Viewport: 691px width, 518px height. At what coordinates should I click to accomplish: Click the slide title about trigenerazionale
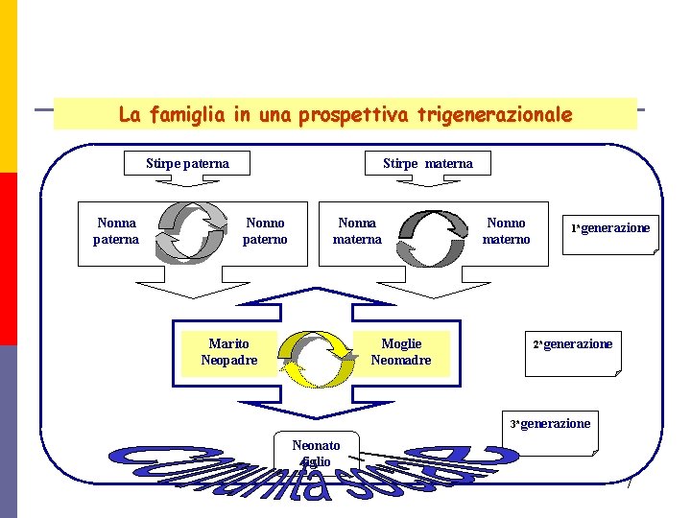coord(345,115)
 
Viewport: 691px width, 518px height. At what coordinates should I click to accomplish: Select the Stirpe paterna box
coord(187,163)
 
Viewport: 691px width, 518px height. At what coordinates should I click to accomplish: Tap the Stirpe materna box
coord(428,163)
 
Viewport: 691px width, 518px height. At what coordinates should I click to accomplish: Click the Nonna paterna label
coord(116,231)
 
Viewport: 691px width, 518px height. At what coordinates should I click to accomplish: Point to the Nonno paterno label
coord(265,231)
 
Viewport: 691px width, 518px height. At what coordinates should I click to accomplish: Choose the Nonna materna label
coord(357,231)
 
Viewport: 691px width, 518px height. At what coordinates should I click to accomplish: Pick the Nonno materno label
coord(506,231)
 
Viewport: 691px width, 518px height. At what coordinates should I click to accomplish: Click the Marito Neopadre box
coord(228,352)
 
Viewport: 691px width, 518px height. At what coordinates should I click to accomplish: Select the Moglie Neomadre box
coord(401,352)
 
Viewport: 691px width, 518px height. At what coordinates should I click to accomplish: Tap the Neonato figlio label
coord(316,454)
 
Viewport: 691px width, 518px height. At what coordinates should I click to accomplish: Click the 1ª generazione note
coord(611,231)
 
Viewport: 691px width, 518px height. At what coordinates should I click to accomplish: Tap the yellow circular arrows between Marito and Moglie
coord(318,358)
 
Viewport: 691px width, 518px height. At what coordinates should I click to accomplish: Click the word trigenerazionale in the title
coord(497,115)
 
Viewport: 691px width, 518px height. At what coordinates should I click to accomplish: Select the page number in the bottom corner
coord(630,486)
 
